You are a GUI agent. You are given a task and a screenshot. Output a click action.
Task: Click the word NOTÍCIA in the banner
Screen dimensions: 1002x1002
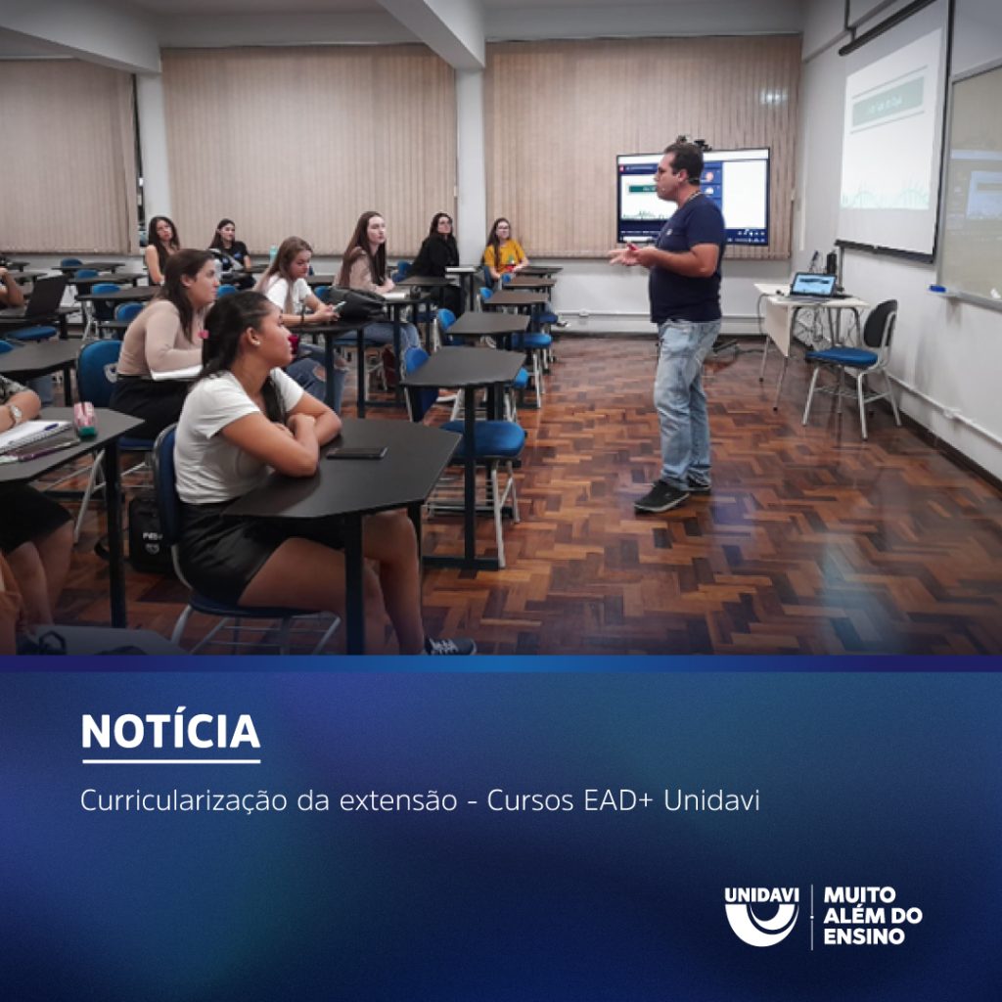tap(170, 732)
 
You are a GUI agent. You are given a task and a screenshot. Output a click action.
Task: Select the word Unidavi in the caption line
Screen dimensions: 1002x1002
tap(711, 799)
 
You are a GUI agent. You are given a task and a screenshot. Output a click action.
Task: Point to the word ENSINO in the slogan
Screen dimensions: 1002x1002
tap(864, 936)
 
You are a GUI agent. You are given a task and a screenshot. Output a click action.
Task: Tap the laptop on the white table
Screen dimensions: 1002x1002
tap(813, 285)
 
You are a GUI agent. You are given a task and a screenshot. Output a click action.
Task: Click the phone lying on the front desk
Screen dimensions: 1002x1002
tap(356, 452)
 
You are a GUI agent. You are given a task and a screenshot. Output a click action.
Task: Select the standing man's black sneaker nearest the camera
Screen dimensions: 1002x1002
tap(660, 497)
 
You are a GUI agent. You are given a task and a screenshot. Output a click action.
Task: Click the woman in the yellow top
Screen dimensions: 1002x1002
tap(504, 250)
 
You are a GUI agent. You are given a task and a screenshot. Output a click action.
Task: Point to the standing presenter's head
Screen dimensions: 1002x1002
tap(684, 161)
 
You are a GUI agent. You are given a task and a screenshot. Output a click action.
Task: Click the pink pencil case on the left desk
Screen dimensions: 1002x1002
tap(85, 418)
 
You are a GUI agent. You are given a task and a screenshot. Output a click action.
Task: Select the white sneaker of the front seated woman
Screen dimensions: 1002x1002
tap(451, 646)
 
